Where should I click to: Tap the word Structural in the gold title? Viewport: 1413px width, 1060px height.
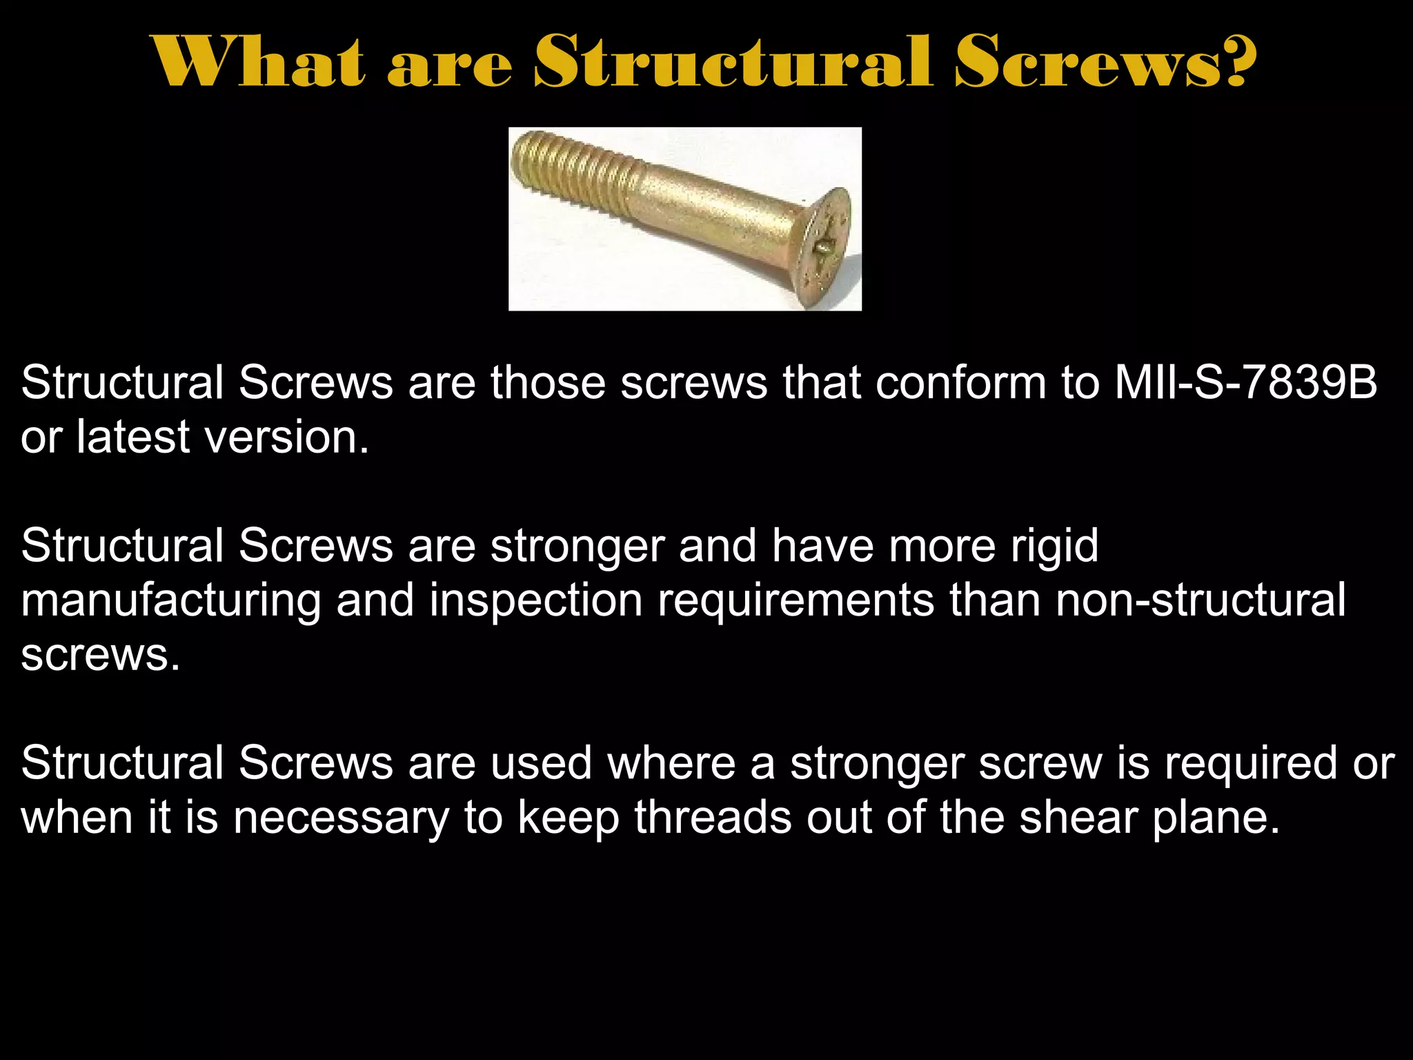733,62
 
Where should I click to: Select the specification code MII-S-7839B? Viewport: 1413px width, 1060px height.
1246,382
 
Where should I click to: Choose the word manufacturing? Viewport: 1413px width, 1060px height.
171,600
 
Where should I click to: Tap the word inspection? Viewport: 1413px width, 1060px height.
536,600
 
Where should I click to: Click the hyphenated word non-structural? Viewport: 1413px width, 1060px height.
1200,600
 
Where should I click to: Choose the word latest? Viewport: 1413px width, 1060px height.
132,437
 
